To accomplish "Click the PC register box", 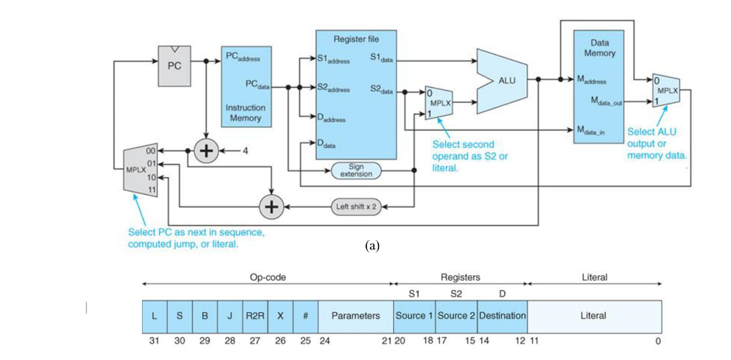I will point(174,65).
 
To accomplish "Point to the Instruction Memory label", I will point(245,113).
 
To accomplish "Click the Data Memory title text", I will point(600,48).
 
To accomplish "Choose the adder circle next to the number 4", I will point(208,151).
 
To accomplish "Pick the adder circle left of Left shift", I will point(271,206).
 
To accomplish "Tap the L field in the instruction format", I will point(155,316).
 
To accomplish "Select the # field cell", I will point(306,316).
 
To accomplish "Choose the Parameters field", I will point(356,316).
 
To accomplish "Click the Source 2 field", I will point(456,316).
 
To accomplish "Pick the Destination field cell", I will point(503,316).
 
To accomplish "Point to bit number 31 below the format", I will point(153,341).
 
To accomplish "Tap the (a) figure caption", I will point(371,246).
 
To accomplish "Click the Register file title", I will point(356,39).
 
